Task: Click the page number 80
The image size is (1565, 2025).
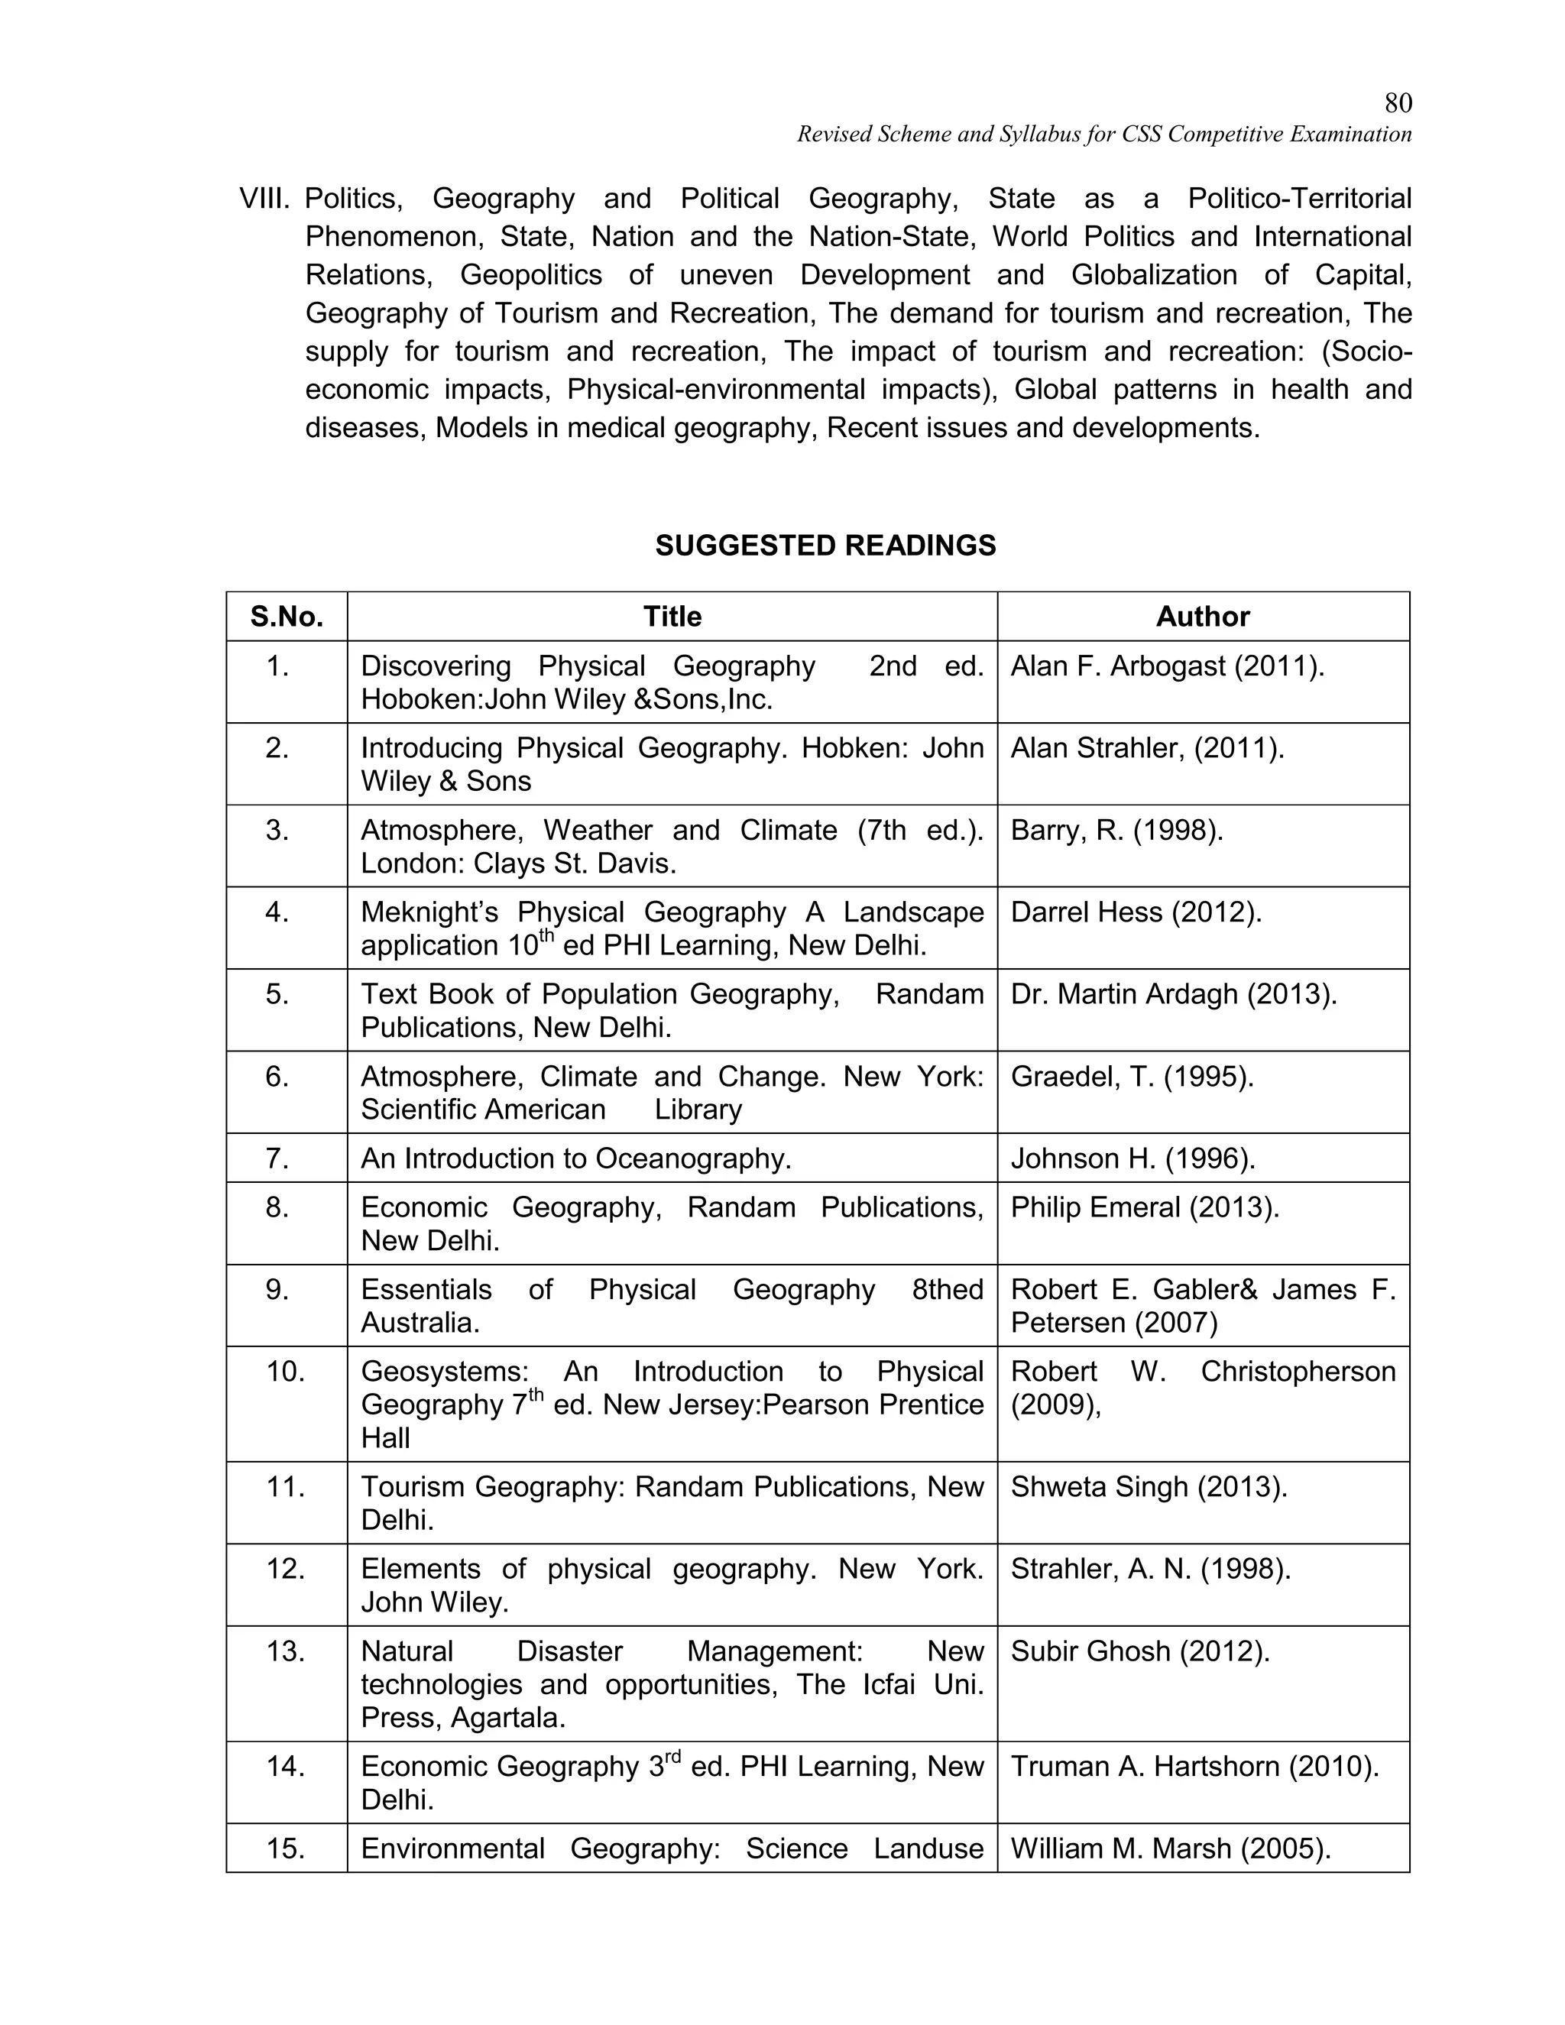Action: [1397, 103]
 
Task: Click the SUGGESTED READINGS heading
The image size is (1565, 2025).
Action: [825, 545]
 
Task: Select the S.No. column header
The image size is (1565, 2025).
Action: [287, 617]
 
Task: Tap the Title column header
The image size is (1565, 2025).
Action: [672, 617]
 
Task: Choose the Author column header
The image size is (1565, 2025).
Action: [1203, 617]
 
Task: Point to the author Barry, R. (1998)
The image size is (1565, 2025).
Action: [1116, 830]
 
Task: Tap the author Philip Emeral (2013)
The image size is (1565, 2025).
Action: [1144, 1207]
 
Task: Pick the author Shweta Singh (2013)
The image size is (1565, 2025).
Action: [1149, 1486]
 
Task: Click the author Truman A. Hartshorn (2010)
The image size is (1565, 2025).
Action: [1194, 1766]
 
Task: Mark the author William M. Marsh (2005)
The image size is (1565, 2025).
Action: [1170, 1848]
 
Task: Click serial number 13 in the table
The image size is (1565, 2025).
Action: [286, 1651]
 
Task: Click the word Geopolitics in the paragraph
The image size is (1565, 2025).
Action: [530, 275]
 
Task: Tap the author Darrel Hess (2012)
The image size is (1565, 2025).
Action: [1136, 912]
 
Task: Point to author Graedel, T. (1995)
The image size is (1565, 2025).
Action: [1131, 1077]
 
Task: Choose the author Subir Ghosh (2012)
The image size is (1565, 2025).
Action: [1139, 1651]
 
